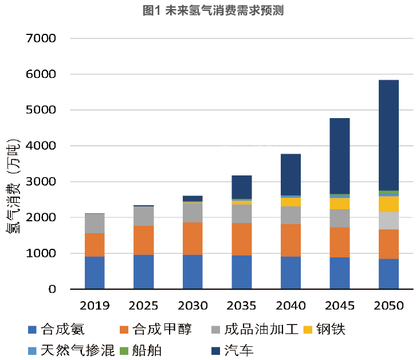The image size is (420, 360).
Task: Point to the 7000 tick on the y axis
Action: (x=41, y=38)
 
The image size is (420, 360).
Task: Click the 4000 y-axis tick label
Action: (x=41, y=146)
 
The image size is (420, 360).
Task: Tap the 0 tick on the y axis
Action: (x=52, y=289)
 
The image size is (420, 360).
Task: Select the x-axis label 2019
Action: (x=95, y=306)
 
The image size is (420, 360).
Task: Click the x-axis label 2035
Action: (x=242, y=306)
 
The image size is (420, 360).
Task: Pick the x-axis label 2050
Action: (x=388, y=306)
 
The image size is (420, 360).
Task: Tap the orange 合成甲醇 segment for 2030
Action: (x=193, y=238)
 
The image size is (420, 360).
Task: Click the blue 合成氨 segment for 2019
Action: (x=95, y=273)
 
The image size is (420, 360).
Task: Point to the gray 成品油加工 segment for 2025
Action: (x=143, y=216)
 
